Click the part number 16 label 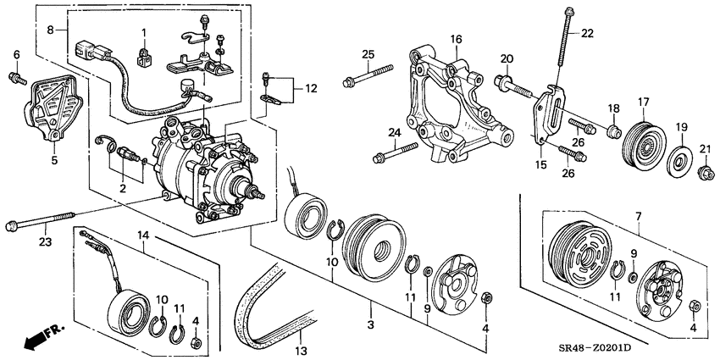coord(455,39)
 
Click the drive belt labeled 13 coord(275,307)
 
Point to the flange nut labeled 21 coord(706,174)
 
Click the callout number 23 coord(47,241)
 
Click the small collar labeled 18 coord(614,132)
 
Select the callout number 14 coord(144,235)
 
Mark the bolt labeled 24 coord(395,153)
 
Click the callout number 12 coord(312,88)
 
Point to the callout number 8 coord(51,30)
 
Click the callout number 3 coord(370,324)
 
